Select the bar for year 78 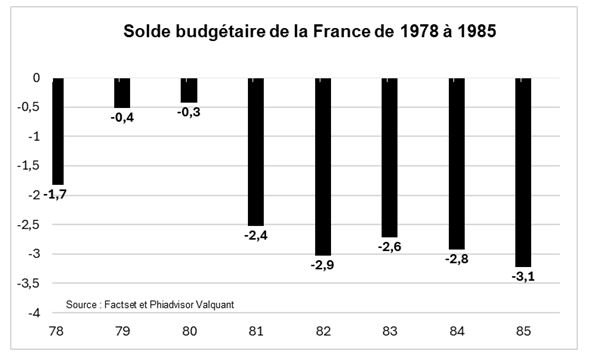[x=58, y=130]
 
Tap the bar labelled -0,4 [x=122, y=93]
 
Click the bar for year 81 [x=255, y=150]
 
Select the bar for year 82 [x=322, y=165]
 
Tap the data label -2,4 [x=255, y=237]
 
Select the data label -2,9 [x=322, y=266]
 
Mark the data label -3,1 [x=522, y=278]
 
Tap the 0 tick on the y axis [x=35, y=78]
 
